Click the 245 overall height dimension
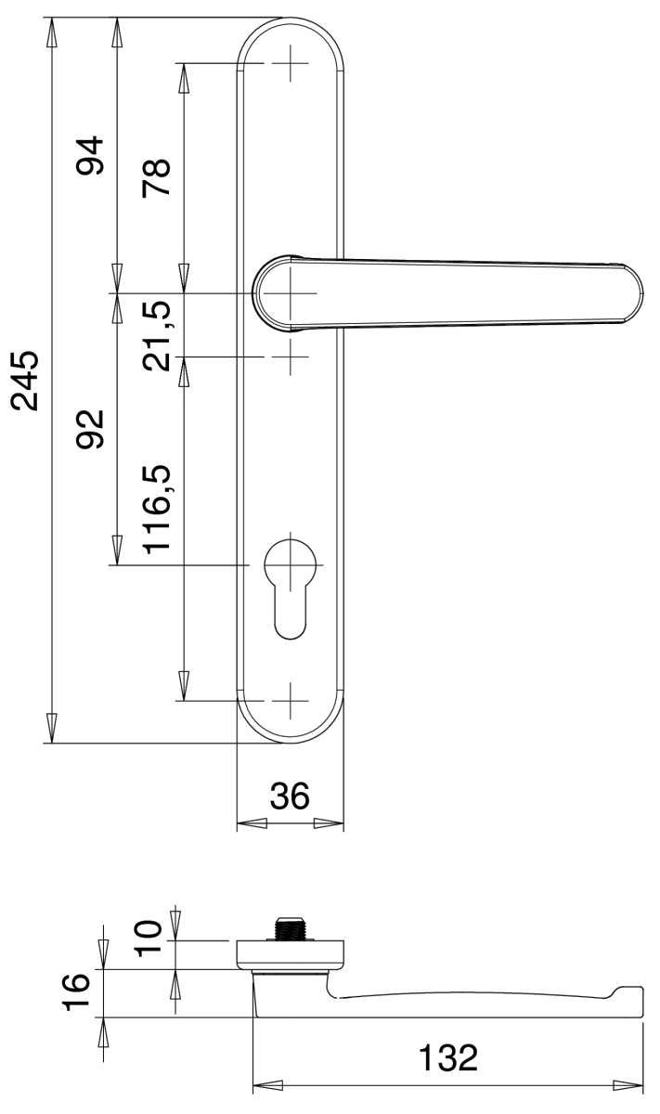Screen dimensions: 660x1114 tap(25, 381)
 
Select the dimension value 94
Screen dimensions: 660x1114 tap(90, 155)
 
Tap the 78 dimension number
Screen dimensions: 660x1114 tap(157, 178)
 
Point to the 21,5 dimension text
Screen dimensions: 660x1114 tap(157, 336)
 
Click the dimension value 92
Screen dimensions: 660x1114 tap(90, 429)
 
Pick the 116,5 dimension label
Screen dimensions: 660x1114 tap(157, 510)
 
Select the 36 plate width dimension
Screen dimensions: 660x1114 tap(290, 795)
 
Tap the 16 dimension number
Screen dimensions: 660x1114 tap(76, 992)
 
